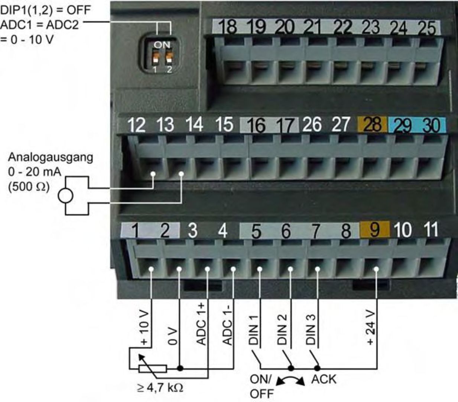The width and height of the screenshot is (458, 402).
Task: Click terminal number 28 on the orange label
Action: coord(372,124)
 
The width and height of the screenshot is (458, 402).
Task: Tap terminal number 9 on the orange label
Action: coord(374,230)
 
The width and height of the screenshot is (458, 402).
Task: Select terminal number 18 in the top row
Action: coord(227,27)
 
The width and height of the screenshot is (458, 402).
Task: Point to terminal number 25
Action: coord(427,27)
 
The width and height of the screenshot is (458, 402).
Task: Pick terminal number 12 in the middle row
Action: coord(136,125)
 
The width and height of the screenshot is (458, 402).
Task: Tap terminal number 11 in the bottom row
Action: coord(431,230)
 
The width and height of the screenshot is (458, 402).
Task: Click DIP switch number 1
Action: coord(156,58)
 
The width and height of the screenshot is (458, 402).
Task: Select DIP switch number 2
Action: coord(169,58)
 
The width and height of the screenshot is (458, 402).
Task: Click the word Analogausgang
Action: coord(51,157)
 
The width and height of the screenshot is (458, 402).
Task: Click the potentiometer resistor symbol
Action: coord(153,368)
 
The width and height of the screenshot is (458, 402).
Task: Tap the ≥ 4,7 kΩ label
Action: coord(160,388)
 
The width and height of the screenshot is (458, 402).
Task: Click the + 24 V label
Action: coord(371,327)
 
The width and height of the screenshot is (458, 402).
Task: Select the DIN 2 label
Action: coord(282,329)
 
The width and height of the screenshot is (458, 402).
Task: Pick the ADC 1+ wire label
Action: coord(201,324)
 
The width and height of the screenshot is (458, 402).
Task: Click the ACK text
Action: coord(324,379)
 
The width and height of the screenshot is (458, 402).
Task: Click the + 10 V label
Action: coord(144,328)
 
